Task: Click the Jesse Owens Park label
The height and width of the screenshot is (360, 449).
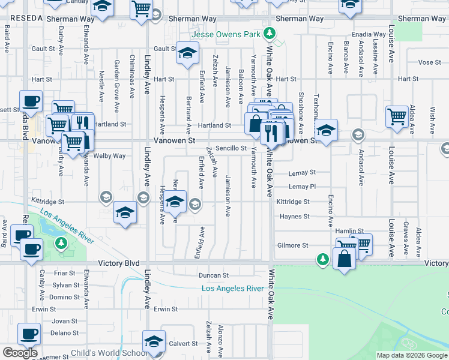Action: coord(231,34)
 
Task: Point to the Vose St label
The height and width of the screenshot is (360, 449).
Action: coord(429,62)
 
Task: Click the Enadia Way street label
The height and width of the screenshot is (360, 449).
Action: coord(370,35)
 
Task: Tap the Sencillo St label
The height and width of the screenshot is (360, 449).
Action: coord(232,148)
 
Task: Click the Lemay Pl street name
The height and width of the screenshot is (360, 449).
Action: coord(302,187)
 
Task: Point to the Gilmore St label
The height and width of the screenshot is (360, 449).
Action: coord(292,245)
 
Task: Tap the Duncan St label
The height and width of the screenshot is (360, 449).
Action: coord(214,275)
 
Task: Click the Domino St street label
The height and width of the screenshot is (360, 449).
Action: coord(65,297)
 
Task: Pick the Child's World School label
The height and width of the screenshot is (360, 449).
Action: coord(109,353)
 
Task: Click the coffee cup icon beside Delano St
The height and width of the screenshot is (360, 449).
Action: coord(29,333)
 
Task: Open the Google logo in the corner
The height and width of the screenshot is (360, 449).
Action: coord(20,353)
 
